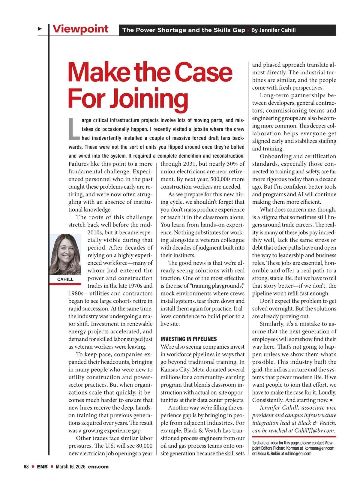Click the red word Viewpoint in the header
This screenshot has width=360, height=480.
[x=80, y=29]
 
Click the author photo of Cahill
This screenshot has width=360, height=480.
[x=65, y=254]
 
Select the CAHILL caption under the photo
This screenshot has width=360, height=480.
[x=65, y=279]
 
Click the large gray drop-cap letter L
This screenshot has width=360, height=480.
[x=74, y=129]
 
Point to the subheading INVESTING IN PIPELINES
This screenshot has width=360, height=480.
[x=188, y=339]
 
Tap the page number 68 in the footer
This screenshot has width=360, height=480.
[x=26, y=467]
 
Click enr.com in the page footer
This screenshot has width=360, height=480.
[x=98, y=467]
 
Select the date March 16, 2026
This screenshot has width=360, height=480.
[x=70, y=467]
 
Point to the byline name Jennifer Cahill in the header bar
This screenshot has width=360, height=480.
[x=277, y=30]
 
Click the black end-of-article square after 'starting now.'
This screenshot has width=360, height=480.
[x=331, y=400]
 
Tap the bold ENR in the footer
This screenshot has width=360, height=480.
[x=42, y=467]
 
